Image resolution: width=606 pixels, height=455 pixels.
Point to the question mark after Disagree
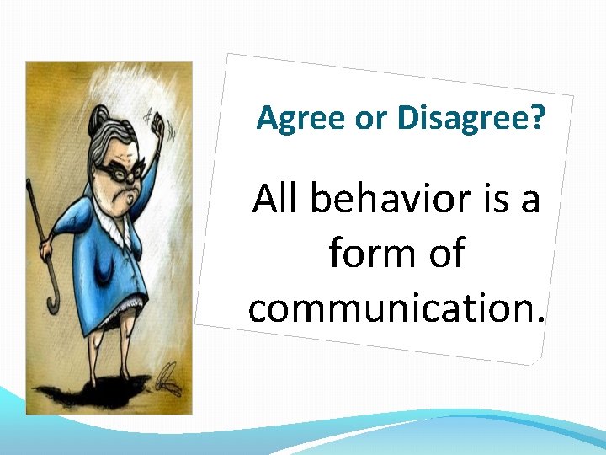coord(536,119)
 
